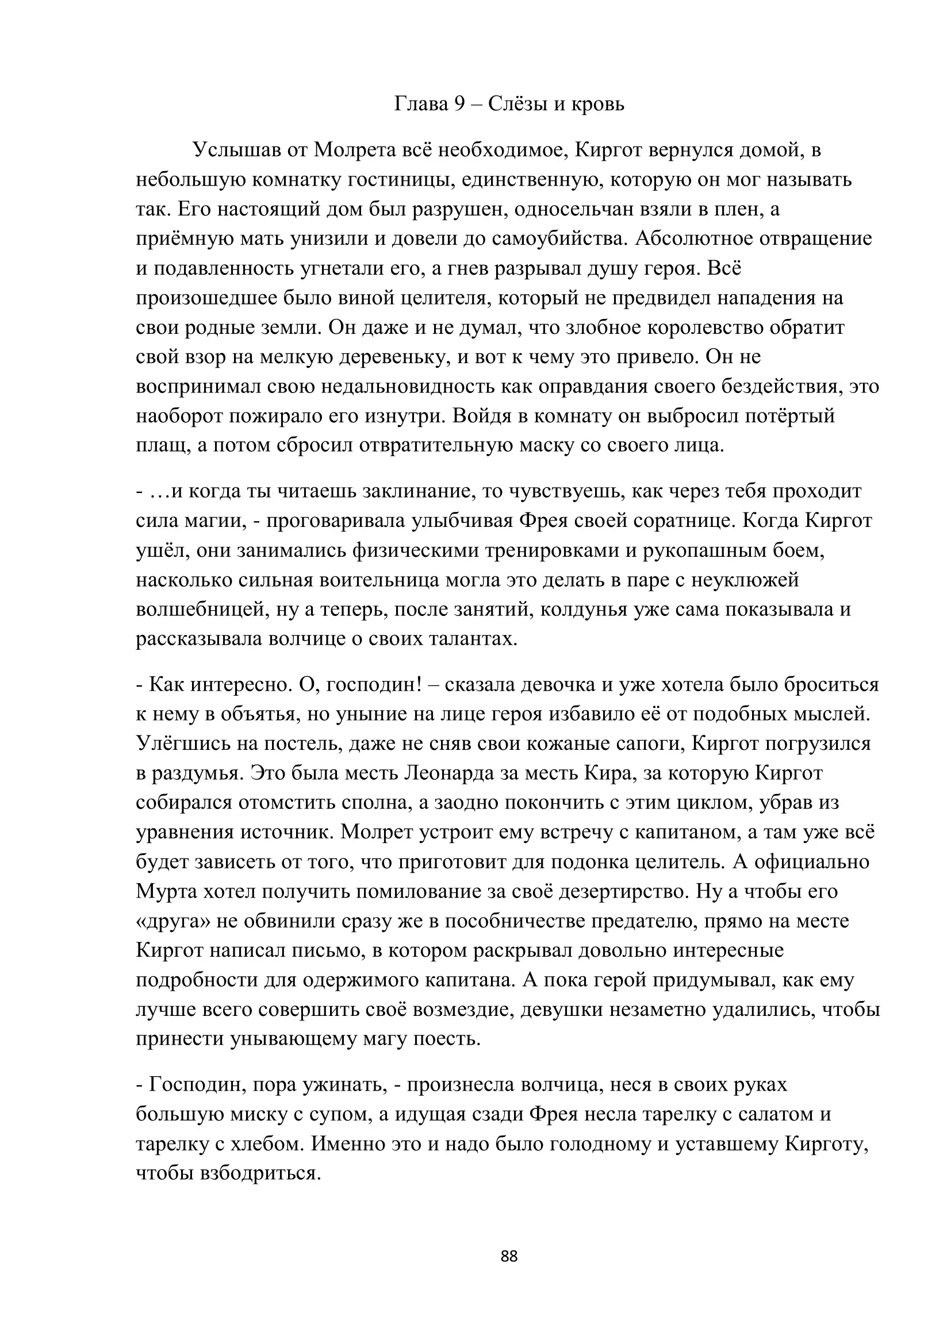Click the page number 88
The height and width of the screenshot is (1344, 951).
tap(509, 1256)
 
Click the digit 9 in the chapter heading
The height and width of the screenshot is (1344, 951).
tap(458, 104)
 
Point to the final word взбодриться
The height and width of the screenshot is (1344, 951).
tap(261, 1174)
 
